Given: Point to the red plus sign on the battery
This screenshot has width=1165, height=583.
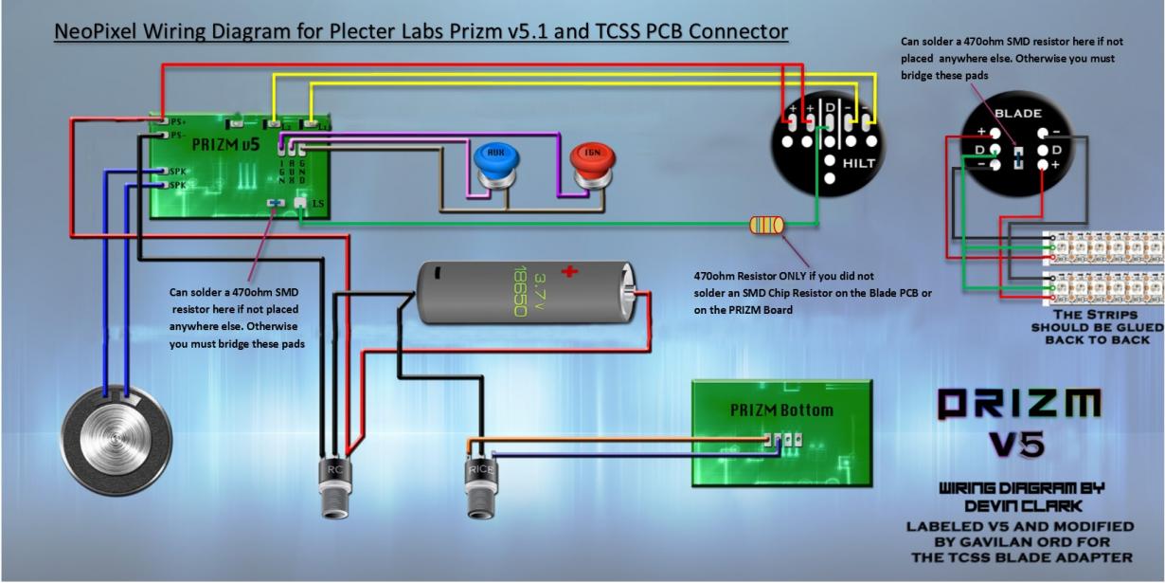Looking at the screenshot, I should (x=569, y=273).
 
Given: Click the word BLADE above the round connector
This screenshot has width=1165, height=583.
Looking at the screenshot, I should (x=1017, y=111).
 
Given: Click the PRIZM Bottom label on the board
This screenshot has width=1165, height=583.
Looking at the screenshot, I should (x=781, y=410).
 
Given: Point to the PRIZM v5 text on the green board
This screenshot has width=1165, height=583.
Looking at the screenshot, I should (x=224, y=145).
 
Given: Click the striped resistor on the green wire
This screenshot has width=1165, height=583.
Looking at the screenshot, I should (x=766, y=225).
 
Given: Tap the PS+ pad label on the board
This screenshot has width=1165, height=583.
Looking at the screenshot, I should (x=176, y=121).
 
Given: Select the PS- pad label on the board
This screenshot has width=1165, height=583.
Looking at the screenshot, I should (x=176, y=136).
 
